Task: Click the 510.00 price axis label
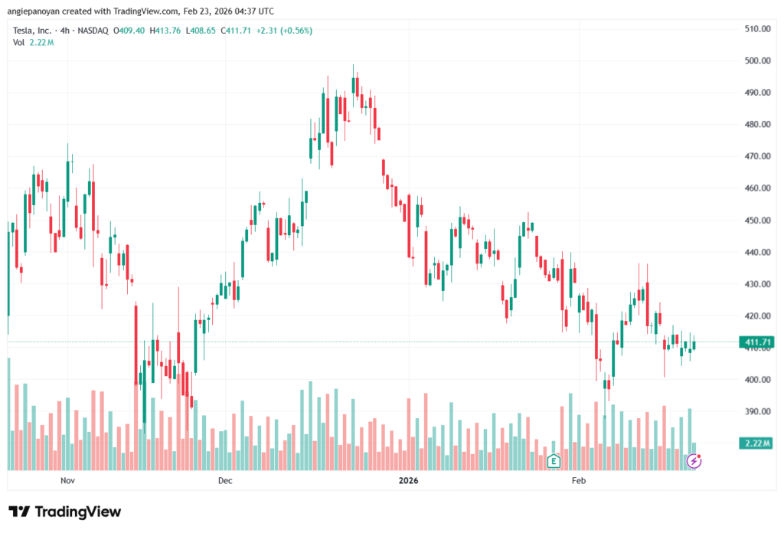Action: (x=756, y=29)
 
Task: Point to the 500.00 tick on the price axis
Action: (x=756, y=60)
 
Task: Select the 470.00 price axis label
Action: (x=756, y=156)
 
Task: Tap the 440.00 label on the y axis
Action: (x=756, y=252)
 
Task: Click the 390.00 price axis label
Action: (x=756, y=411)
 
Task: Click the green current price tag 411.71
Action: (x=756, y=342)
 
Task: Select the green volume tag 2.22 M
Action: (x=756, y=443)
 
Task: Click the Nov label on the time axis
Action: (x=67, y=481)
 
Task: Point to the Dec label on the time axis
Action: (x=224, y=481)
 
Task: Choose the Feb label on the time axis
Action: (x=578, y=481)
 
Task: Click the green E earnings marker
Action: (x=553, y=461)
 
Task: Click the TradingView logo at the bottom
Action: (x=65, y=512)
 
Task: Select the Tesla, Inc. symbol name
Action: (x=33, y=31)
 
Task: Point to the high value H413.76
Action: (x=165, y=31)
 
